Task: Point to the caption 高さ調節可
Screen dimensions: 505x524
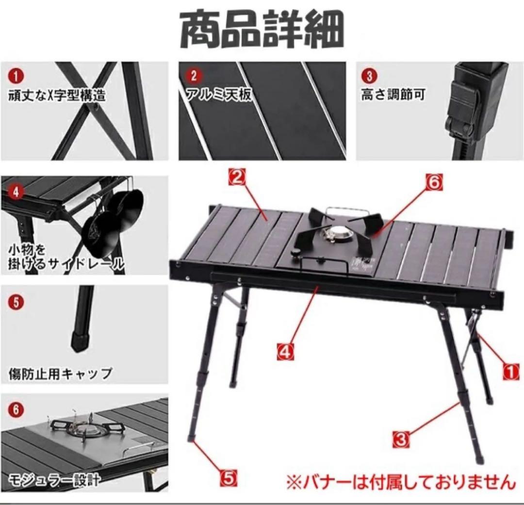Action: [x=393, y=95]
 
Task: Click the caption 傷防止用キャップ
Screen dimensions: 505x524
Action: [x=61, y=374]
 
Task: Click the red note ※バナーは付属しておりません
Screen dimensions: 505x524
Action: [x=400, y=482]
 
